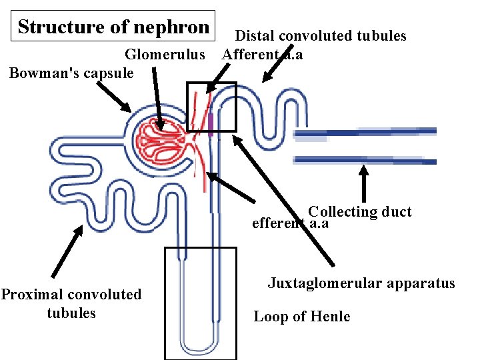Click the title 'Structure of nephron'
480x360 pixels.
click(x=113, y=27)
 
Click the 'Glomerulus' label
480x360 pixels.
click(x=165, y=54)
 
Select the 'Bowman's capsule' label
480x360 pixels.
click(x=71, y=72)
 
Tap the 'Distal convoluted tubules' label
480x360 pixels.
click(x=321, y=36)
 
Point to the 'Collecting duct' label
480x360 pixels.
click(x=360, y=212)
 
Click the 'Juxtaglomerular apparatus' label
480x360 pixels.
click(x=361, y=283)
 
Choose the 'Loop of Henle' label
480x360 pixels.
click(x=301, y=317)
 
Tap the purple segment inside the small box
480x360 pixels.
click(x=211, y=124)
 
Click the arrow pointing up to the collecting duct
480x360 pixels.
click(x=364, y=183)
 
